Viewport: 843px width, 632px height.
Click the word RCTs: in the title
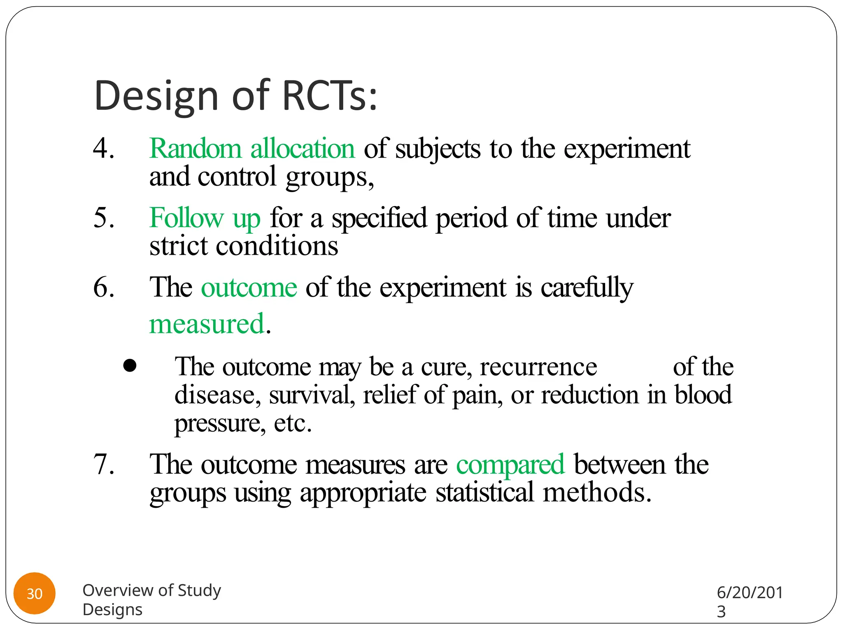(x=329, y=95)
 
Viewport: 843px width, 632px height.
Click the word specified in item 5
(x=379, y=218)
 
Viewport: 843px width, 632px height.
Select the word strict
(x=178, y=246)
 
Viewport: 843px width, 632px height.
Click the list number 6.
(x=103, y=287)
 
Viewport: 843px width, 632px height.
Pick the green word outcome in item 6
(x=249, y=287)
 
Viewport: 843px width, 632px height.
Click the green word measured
(x=206, y=324)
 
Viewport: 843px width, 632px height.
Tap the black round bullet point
(x=130, y=366)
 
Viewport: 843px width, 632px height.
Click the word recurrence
(x=538, y=367)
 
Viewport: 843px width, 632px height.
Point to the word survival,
(x=312, y=395)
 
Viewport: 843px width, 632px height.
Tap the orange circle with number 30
(x=35, y=593)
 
